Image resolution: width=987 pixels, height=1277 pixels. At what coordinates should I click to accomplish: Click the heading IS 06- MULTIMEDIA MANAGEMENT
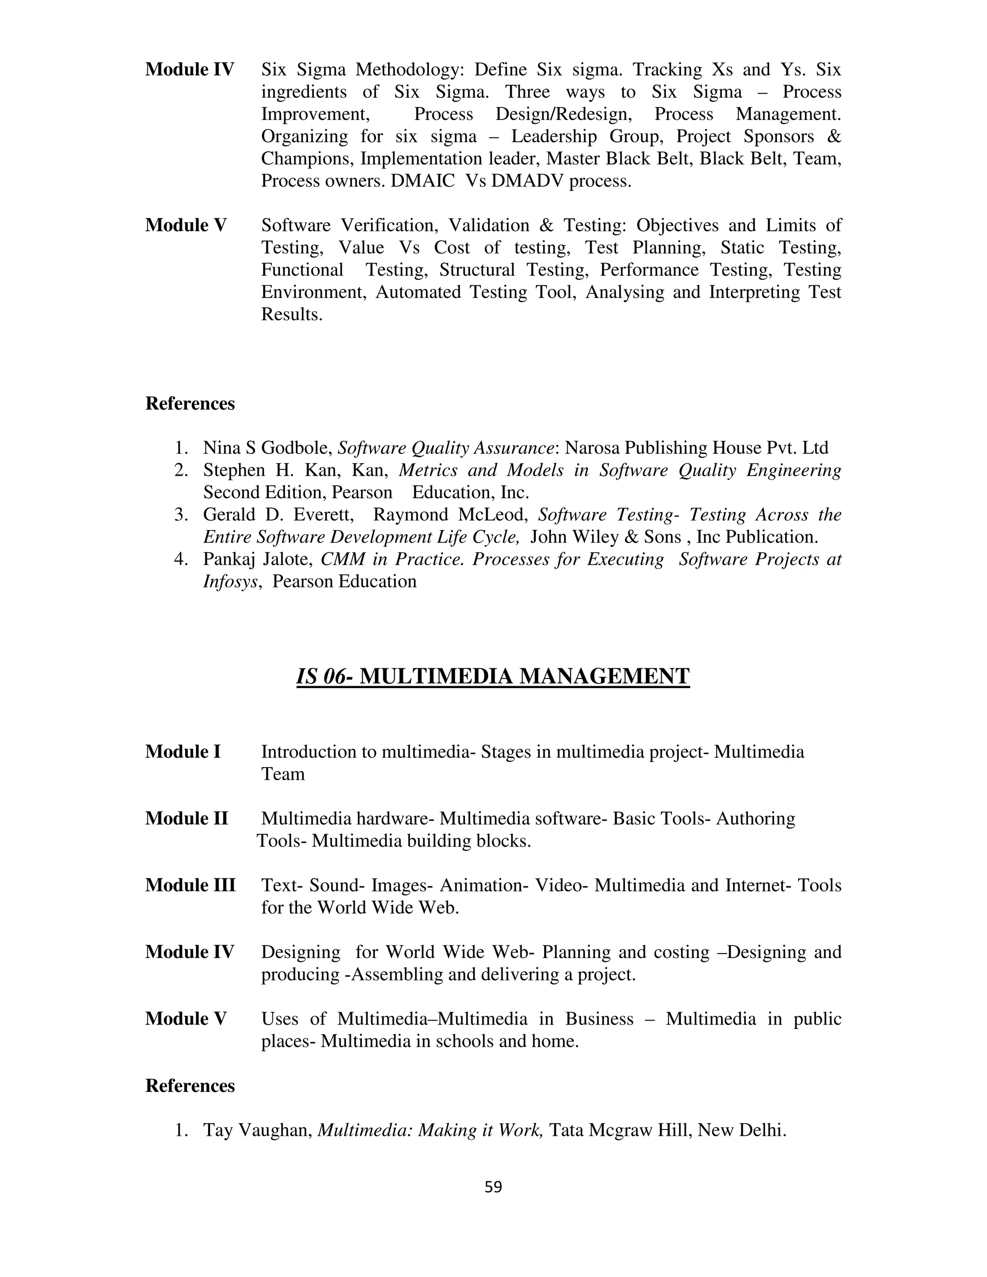[493, 677]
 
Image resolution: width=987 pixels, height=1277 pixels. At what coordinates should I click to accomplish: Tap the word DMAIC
[422, 181]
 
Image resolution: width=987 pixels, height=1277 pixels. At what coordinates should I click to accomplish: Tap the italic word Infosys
[230, 581]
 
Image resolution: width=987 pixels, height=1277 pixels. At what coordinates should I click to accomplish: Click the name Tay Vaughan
[257, 1130]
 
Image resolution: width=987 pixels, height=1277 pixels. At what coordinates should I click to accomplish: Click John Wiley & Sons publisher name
[605, 537]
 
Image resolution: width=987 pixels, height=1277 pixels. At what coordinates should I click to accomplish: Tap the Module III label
[190, 885]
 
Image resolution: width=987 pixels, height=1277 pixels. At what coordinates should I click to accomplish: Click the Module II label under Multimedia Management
[187, 819]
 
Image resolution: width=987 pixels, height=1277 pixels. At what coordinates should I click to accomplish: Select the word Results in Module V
[291, 315]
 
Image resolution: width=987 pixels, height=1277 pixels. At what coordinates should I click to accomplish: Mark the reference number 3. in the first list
[181, 515]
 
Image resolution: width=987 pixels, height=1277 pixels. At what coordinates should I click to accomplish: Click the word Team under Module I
[282, 774]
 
